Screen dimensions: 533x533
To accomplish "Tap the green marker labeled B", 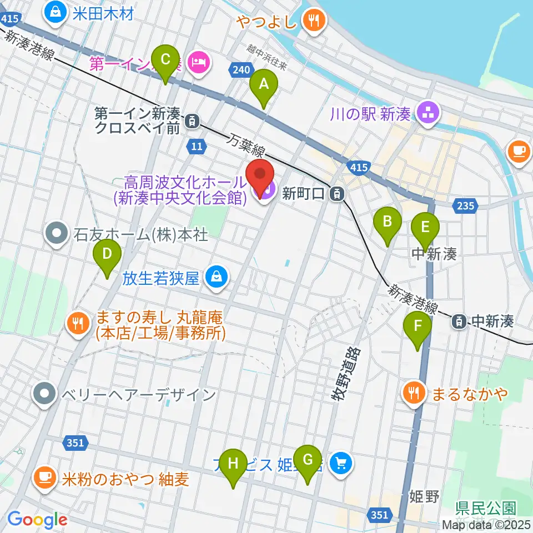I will pyautogui.click(x=388, y=225).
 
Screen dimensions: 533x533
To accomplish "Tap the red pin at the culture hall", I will pyautogui.click(x=260, y=177).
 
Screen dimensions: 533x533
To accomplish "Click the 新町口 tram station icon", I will pyautogui.click(x=335, y=194).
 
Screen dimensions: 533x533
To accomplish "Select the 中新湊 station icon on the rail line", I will pyautogui.click(x=459, y=320).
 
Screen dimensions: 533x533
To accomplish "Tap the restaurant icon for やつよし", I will pyautogui.click(x=314, y=22).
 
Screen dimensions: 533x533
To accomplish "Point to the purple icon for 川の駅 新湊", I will pyautogui.click(x=428, y=113).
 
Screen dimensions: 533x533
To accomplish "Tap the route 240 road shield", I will pyautogui.click(x=240, y=70).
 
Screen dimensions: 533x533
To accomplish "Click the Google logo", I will pyautogui.click(x=37, y=520).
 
